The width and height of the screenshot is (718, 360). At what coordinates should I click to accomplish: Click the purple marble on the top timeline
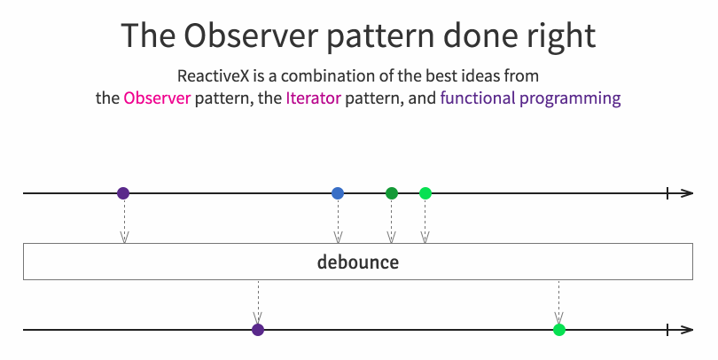[123, 193]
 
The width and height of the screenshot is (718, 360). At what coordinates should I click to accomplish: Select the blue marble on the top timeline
[338, 193]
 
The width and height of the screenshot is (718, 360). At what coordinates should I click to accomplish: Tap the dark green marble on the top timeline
[392, 193]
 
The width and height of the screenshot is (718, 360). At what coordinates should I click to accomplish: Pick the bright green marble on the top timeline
[425, 193]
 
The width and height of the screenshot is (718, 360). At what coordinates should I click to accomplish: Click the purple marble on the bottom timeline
[258, 330]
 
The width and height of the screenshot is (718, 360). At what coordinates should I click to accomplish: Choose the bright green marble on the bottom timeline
[559, 330]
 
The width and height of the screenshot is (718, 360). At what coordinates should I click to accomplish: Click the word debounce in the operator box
[358, 262]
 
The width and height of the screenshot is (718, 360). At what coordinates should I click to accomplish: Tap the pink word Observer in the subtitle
[157, 98]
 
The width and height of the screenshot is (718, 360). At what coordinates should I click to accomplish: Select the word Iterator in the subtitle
[314, 98]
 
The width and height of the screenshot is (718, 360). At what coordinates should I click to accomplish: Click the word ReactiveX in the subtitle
[214, 75]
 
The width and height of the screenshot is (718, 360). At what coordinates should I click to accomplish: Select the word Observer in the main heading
[251, 35]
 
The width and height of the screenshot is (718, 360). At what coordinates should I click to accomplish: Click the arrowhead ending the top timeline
[687, 193]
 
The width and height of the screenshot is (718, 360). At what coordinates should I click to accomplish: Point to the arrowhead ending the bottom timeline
[687, 330]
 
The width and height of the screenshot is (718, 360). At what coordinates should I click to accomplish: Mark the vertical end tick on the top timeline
[667, 193]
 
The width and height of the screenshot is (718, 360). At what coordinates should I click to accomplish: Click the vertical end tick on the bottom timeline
[667, 330]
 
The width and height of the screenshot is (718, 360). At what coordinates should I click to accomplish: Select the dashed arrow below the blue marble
[338, 221]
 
